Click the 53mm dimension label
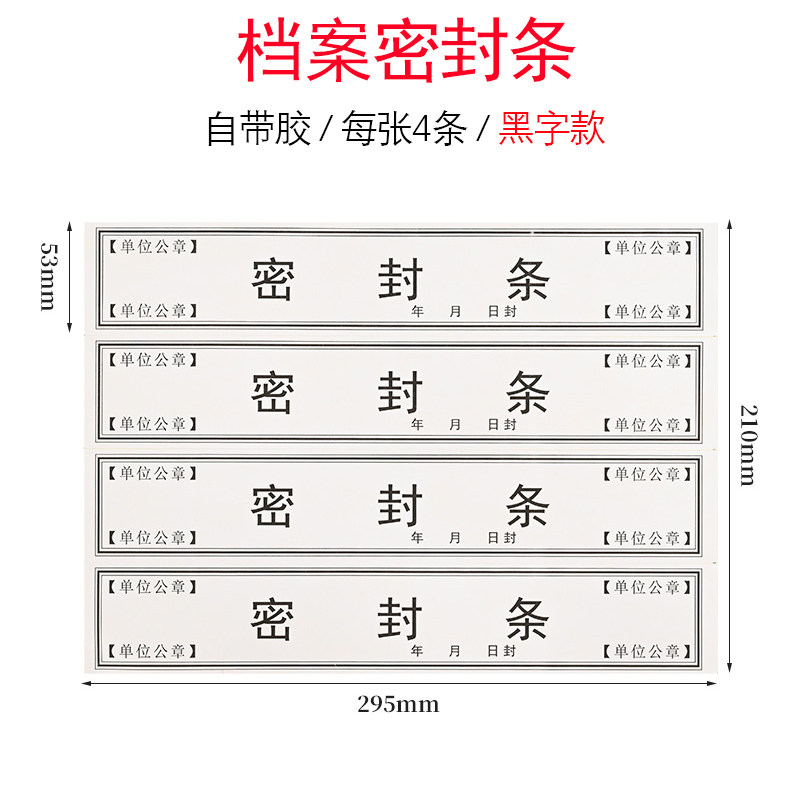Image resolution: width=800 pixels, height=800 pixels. pyautogui.click(x=48, y=276)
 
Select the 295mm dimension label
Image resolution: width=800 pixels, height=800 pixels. pyautogui.click(x=398, y=704)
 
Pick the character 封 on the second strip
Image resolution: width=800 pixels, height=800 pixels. pyautogui.click(x=400, y=393)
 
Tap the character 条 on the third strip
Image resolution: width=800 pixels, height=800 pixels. pyautogui.click(x=527, y=506)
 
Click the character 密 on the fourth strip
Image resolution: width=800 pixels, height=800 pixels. pyautogui.click(x=272, y=620)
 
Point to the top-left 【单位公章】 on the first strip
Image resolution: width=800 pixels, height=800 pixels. pyautogui.click(x=153, y=247)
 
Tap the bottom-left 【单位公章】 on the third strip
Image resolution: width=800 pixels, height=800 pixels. pyautogui.click(x=153, y=538)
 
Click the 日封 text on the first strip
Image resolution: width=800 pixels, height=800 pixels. pyautogui.click(x=502, y=312)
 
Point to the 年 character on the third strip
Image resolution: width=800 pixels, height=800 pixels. pyautogui.click(x=418, y=538)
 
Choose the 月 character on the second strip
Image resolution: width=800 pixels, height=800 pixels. pyautogui.click(x=456, y=425)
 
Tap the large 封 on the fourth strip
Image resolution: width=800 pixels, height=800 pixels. pyautogui.click(x=400, y=620)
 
